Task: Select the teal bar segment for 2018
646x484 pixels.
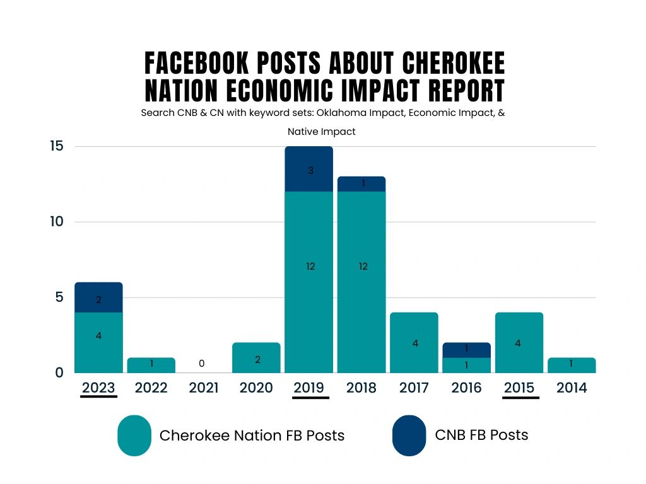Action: [362, 282]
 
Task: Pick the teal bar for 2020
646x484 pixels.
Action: [256, 358]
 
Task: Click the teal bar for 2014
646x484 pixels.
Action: [572, 366]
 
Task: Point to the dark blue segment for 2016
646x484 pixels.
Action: [467, 350]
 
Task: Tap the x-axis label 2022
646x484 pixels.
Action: [151, 388]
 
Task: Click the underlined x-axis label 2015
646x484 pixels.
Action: [520, 388]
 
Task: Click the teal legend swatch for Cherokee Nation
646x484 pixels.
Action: [134, 435]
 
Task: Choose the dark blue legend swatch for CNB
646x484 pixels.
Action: [409, 435]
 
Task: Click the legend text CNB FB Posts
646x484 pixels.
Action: [481, 435]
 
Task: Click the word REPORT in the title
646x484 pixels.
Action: [467, 91]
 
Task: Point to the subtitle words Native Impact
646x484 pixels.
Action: [322, 132]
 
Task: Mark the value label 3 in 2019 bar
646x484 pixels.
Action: [311, 171]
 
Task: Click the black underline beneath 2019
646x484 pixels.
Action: [310, 398]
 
